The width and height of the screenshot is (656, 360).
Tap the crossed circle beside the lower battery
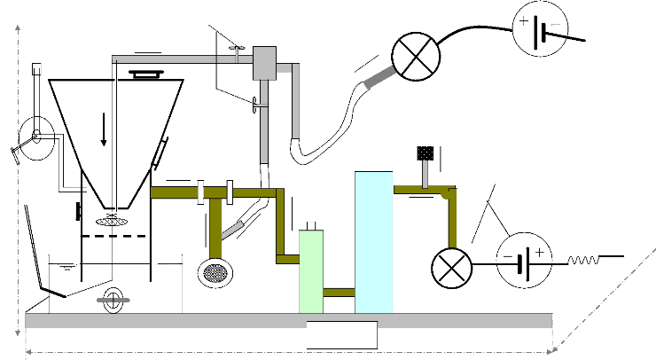[x=449, y=264]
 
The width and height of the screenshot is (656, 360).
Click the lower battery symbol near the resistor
[x=523, y=261]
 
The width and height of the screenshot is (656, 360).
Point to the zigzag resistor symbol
[x=584, y=261]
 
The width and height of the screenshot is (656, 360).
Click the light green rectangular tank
[x=311, y=270]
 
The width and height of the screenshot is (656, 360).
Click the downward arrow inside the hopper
[x=104, y=131]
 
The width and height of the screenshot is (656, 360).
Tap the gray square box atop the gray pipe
[x=265, y=60]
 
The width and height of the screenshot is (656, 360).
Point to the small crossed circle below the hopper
[x=112, y=300]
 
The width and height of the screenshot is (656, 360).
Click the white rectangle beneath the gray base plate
[x=341, y=336]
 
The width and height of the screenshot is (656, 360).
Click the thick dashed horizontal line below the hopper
[x=113, y=237]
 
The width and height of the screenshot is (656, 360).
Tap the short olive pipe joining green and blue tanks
[x=339, y=292]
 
